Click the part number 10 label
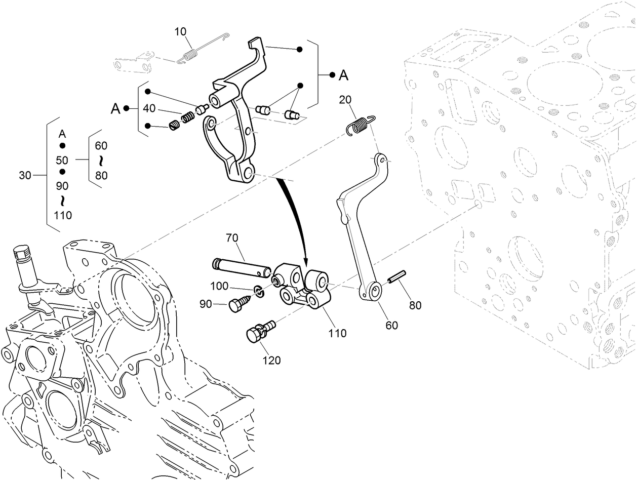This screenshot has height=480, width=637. click(x=180, y=32)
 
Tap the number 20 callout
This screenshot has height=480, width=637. click(x=345, y=100)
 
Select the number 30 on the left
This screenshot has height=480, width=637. click(x=25, y=176)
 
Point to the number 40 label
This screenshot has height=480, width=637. click(x=149, y=108)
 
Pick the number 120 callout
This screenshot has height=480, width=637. click(x=271, y=361)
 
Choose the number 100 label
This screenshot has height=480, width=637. click(x=219, y=286)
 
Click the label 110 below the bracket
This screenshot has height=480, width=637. click(x=337, y=333)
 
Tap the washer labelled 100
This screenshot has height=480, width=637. click(x=258, y=291)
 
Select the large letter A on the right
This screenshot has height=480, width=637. click(x=343, y=75)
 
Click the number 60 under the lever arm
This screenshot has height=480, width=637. click(x=392, y=325)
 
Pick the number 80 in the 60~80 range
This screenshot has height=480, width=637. click(x=101, y=176)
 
